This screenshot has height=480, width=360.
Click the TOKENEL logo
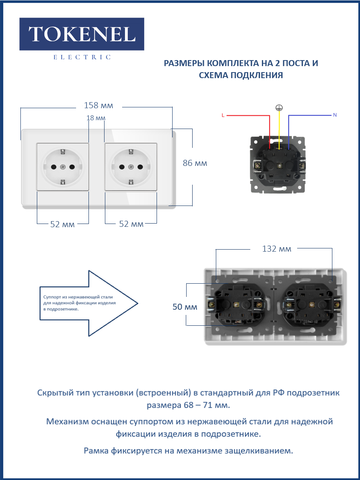pos(82,34)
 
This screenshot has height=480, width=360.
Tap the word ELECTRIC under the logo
pos(82,57)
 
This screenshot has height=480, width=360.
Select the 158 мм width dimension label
pos(99,105)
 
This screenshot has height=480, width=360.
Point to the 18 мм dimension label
pos(96,118)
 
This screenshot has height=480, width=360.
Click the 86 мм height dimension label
pos(195,163)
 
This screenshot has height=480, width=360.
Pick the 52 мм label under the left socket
pos(62,224)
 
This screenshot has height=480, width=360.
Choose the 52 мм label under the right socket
pos(131,224)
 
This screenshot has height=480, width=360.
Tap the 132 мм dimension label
pos(276,248)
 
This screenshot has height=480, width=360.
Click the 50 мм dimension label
pos(185,307)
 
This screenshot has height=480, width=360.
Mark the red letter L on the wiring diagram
pos(223,115)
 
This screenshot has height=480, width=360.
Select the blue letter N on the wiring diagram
pos(335,115)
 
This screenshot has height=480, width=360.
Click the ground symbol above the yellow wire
pos(279,108)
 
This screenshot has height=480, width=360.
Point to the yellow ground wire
pos(279,130)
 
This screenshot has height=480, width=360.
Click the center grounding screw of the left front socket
pos(63,167)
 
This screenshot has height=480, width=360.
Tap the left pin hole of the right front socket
pos(122,167)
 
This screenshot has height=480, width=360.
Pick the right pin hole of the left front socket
pos(72,167)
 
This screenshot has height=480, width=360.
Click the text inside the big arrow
pos(80,303)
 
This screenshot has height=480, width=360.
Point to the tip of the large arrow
pos(138,303)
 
